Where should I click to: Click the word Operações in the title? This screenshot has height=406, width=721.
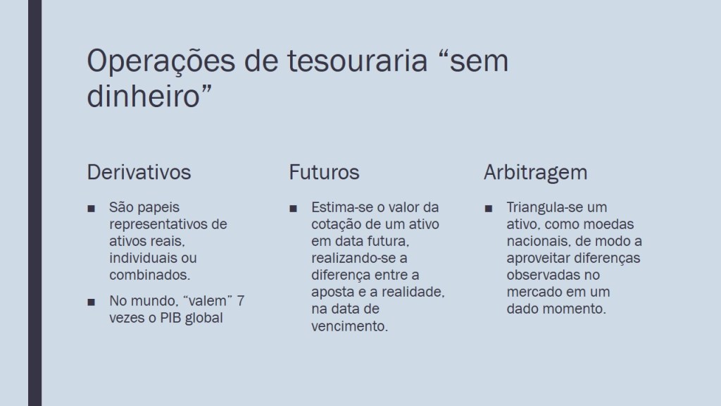click(161, 62)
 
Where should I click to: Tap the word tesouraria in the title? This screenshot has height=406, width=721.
click(358, 61)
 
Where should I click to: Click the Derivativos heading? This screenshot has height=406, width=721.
click(139, 172)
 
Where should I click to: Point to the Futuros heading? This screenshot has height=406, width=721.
click(324, 172)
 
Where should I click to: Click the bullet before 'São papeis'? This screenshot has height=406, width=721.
click(91, 209)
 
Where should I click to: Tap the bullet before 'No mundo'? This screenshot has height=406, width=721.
click(91, 302)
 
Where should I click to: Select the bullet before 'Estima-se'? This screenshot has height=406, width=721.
click(294, 209)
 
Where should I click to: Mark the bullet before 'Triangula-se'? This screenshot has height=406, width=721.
click(489, 209)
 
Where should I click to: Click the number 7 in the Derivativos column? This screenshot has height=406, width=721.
click(241, 301)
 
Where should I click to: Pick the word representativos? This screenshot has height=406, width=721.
click(158, 224)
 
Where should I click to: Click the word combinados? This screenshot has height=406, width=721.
click(149, 275)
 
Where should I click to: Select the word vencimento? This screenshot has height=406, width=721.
click(349, 326)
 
